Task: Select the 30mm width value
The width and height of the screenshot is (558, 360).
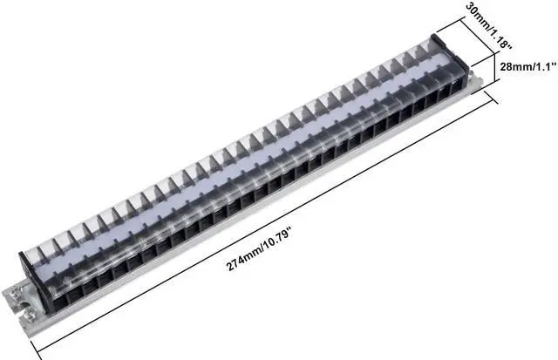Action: [x=473, y=15]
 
